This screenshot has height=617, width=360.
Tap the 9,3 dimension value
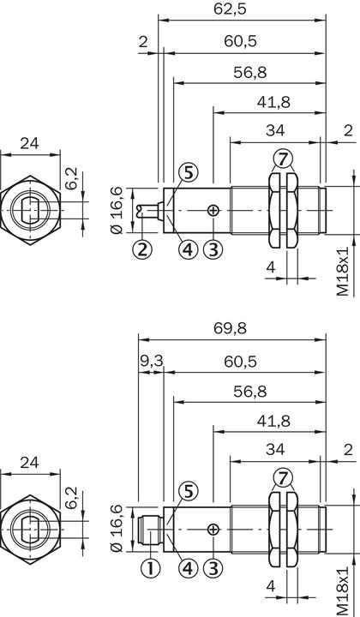152,361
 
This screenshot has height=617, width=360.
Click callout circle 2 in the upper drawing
142,249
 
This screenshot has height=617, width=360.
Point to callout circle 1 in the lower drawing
150,568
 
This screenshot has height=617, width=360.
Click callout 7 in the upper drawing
283,159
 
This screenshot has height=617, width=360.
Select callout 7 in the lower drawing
283,478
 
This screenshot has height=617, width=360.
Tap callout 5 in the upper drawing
189,172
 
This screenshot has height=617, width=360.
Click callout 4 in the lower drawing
189,568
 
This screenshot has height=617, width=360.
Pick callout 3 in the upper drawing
213,249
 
